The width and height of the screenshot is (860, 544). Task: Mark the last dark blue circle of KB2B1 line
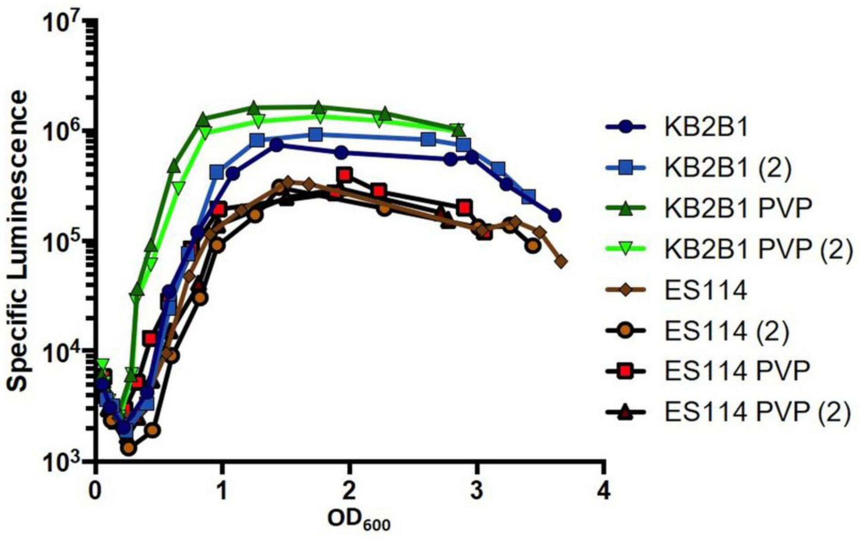(555, 215)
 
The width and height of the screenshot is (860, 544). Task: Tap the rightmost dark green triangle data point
(458, 130)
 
